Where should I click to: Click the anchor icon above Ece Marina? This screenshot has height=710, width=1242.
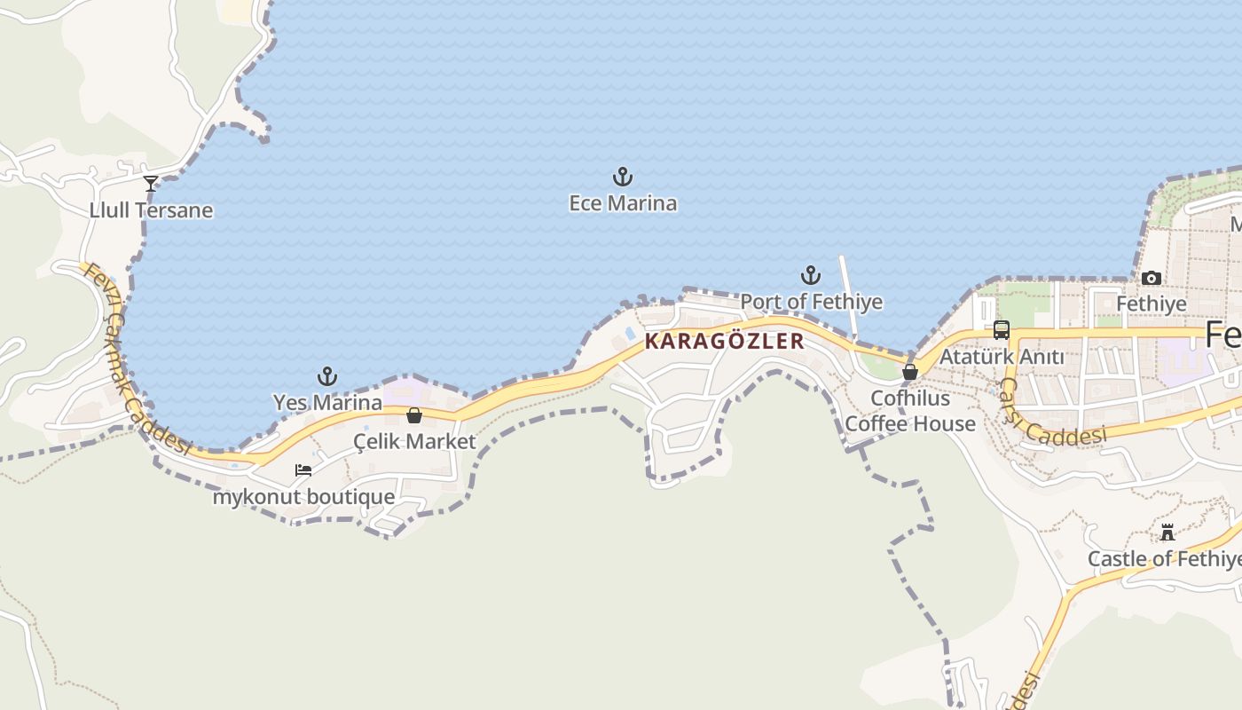tap(623, 177)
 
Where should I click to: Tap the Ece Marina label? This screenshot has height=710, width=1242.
tap(623, 203)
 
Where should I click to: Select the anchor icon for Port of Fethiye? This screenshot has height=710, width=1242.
tap(810, 275)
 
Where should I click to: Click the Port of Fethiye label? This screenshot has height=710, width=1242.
tap(811, 302)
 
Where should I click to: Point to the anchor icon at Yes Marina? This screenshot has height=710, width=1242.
tap(327, 376)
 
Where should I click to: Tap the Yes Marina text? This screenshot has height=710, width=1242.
tap(327, 402)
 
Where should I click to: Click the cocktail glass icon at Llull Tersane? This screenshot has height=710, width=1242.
tap(151, 184)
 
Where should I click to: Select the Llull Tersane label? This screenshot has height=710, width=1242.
tap(151, 210)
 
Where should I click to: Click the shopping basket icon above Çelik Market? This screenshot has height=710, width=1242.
tap(414, 415)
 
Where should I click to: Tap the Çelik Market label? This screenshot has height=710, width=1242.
tap(414, 441)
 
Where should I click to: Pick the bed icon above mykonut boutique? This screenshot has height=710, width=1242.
tap(303, 469)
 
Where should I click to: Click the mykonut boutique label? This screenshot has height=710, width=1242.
tap(303, 496)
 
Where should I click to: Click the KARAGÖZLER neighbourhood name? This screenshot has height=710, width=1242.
tap(724, 341)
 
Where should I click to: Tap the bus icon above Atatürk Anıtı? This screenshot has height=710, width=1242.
tap(1002, 330)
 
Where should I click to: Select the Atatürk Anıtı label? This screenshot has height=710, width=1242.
tap(1002, 357)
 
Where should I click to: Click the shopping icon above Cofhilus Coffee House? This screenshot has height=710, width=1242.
tap(910, 372)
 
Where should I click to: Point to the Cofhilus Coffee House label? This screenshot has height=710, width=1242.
tap(910, 411)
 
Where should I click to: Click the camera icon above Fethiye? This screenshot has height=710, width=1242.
tap(1152, 279)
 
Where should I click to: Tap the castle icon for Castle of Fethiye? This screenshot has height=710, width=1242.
tap(1167, 532)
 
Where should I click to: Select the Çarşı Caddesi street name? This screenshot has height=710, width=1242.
tap(1051, 415)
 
